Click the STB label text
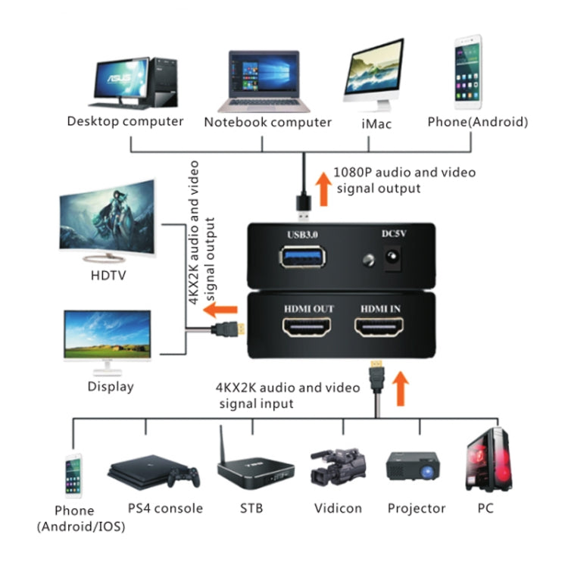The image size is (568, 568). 250,508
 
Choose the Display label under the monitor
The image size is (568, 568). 111,387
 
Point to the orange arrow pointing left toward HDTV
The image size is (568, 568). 223,310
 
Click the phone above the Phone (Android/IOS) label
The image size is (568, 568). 73,476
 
